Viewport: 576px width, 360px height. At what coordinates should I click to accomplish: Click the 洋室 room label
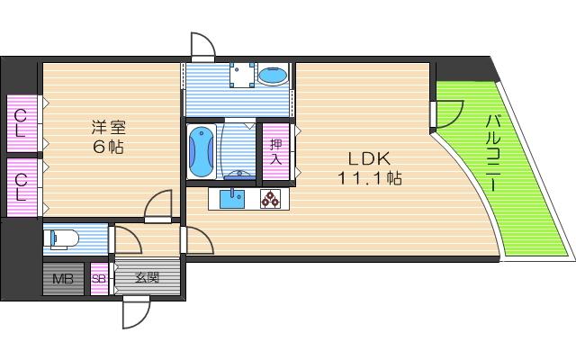click(109, 128)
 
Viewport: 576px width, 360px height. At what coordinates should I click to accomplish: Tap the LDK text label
click(369, 158)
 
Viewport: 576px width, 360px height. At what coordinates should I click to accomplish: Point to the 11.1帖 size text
click(370, 178)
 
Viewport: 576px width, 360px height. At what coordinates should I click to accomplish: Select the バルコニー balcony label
click(493, 153)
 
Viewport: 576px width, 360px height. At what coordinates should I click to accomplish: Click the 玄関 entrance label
click(148, 278)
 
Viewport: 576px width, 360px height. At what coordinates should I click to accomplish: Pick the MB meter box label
click(63, 279)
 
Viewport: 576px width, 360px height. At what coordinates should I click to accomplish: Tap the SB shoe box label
click(99, 279)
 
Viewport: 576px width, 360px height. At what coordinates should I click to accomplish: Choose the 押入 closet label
click(275, 151)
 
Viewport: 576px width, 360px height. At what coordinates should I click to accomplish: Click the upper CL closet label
click(21, 124)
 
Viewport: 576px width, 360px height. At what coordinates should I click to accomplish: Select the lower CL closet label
click(21, 187)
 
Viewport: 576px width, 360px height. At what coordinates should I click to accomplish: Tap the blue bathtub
click(201, 152)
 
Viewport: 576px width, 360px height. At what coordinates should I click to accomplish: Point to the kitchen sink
click(232, 199)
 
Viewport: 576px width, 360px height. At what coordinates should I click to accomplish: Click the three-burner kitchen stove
click(270, 199)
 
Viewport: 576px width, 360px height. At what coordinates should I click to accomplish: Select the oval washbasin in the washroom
click(272, 76)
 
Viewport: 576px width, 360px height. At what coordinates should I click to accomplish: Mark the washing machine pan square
click(242, 75)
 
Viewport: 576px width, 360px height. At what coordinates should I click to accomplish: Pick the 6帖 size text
click(108, 148)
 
